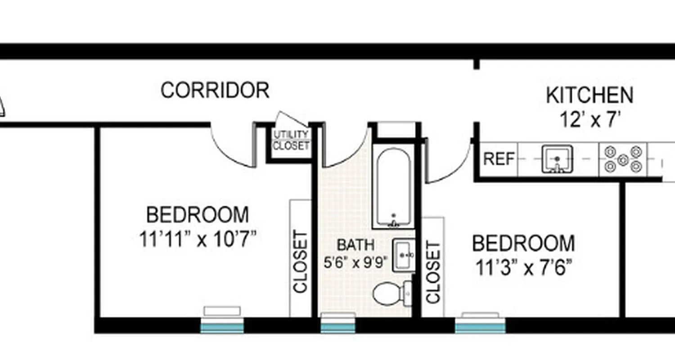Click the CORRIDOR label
[x=215, y=90]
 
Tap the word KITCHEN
[x=589, y=95]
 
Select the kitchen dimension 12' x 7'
[x=590, y=120]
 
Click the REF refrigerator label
[x=499, y=159]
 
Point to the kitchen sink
[x=557, y=159]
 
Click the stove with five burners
[x=623, y=159]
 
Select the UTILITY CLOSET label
[x=291, y=140]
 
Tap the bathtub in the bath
[x=393, y=187]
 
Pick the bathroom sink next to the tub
[x=403, y=255]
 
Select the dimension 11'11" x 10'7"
[x=198, y=239]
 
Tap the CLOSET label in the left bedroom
[x=300, y=261]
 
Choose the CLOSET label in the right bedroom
[x=433, y=272]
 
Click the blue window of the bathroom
[x=337, y=326]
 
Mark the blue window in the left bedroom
[x=222, y=326]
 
